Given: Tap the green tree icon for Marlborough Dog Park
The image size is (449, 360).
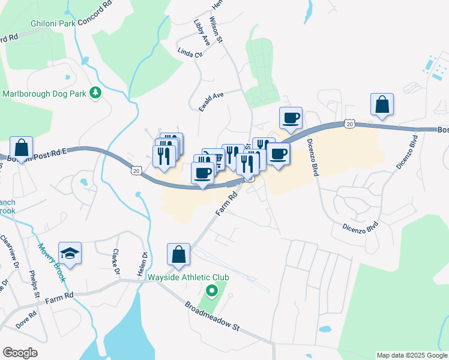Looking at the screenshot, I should pos(95,93).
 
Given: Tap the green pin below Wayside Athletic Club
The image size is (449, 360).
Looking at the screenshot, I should pos(211,292).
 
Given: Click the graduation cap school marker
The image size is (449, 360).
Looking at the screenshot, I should pos(70,253).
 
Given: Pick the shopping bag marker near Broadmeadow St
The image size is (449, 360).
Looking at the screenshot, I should pos(178,254).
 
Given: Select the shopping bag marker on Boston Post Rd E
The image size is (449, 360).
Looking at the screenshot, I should pos(21,148).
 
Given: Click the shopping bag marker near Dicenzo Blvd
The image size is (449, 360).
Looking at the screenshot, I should pos(382,104).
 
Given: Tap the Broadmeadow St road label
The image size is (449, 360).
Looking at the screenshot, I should pos(212,316).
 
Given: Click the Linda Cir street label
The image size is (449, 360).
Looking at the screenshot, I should pos(190,53).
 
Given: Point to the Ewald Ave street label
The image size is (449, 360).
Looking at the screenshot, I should pos(211,100).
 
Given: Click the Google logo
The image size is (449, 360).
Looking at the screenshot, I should pos(20,353).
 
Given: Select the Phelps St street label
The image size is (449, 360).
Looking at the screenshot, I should pos(34,284).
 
